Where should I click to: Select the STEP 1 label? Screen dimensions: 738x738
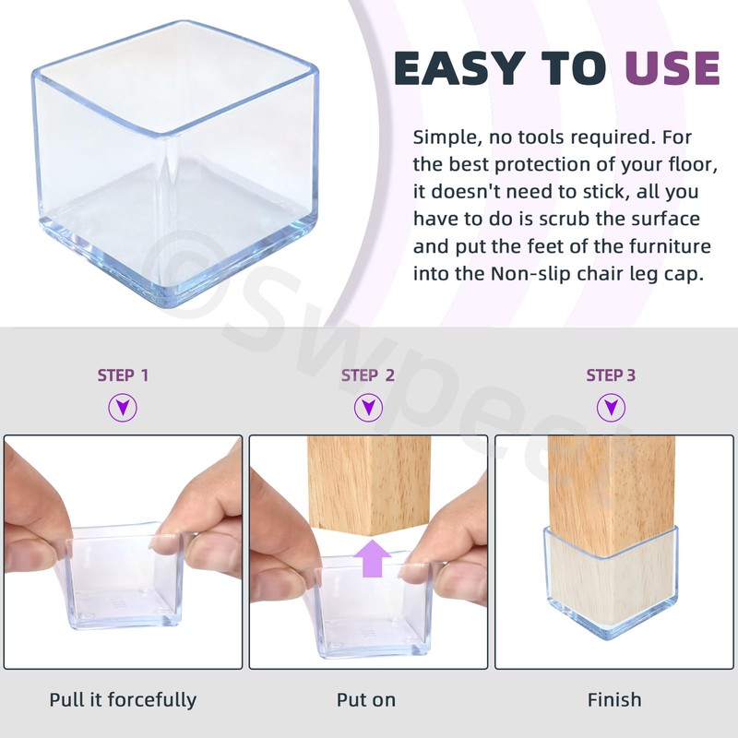tap(123, 375)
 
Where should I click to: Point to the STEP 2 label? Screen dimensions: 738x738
tap(367, 375)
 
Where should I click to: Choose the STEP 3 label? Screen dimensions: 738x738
tap(611, 375)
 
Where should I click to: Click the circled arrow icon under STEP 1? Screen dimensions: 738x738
tap(123, 407)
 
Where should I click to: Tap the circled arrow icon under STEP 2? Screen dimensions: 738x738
tap(368, 407)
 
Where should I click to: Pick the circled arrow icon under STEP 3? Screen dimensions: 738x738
tap(611, 407)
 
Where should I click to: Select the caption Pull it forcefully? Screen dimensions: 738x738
tap(123, 700)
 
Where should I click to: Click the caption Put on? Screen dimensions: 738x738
tap(366, 700)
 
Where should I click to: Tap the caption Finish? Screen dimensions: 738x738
tap(614, 700)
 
